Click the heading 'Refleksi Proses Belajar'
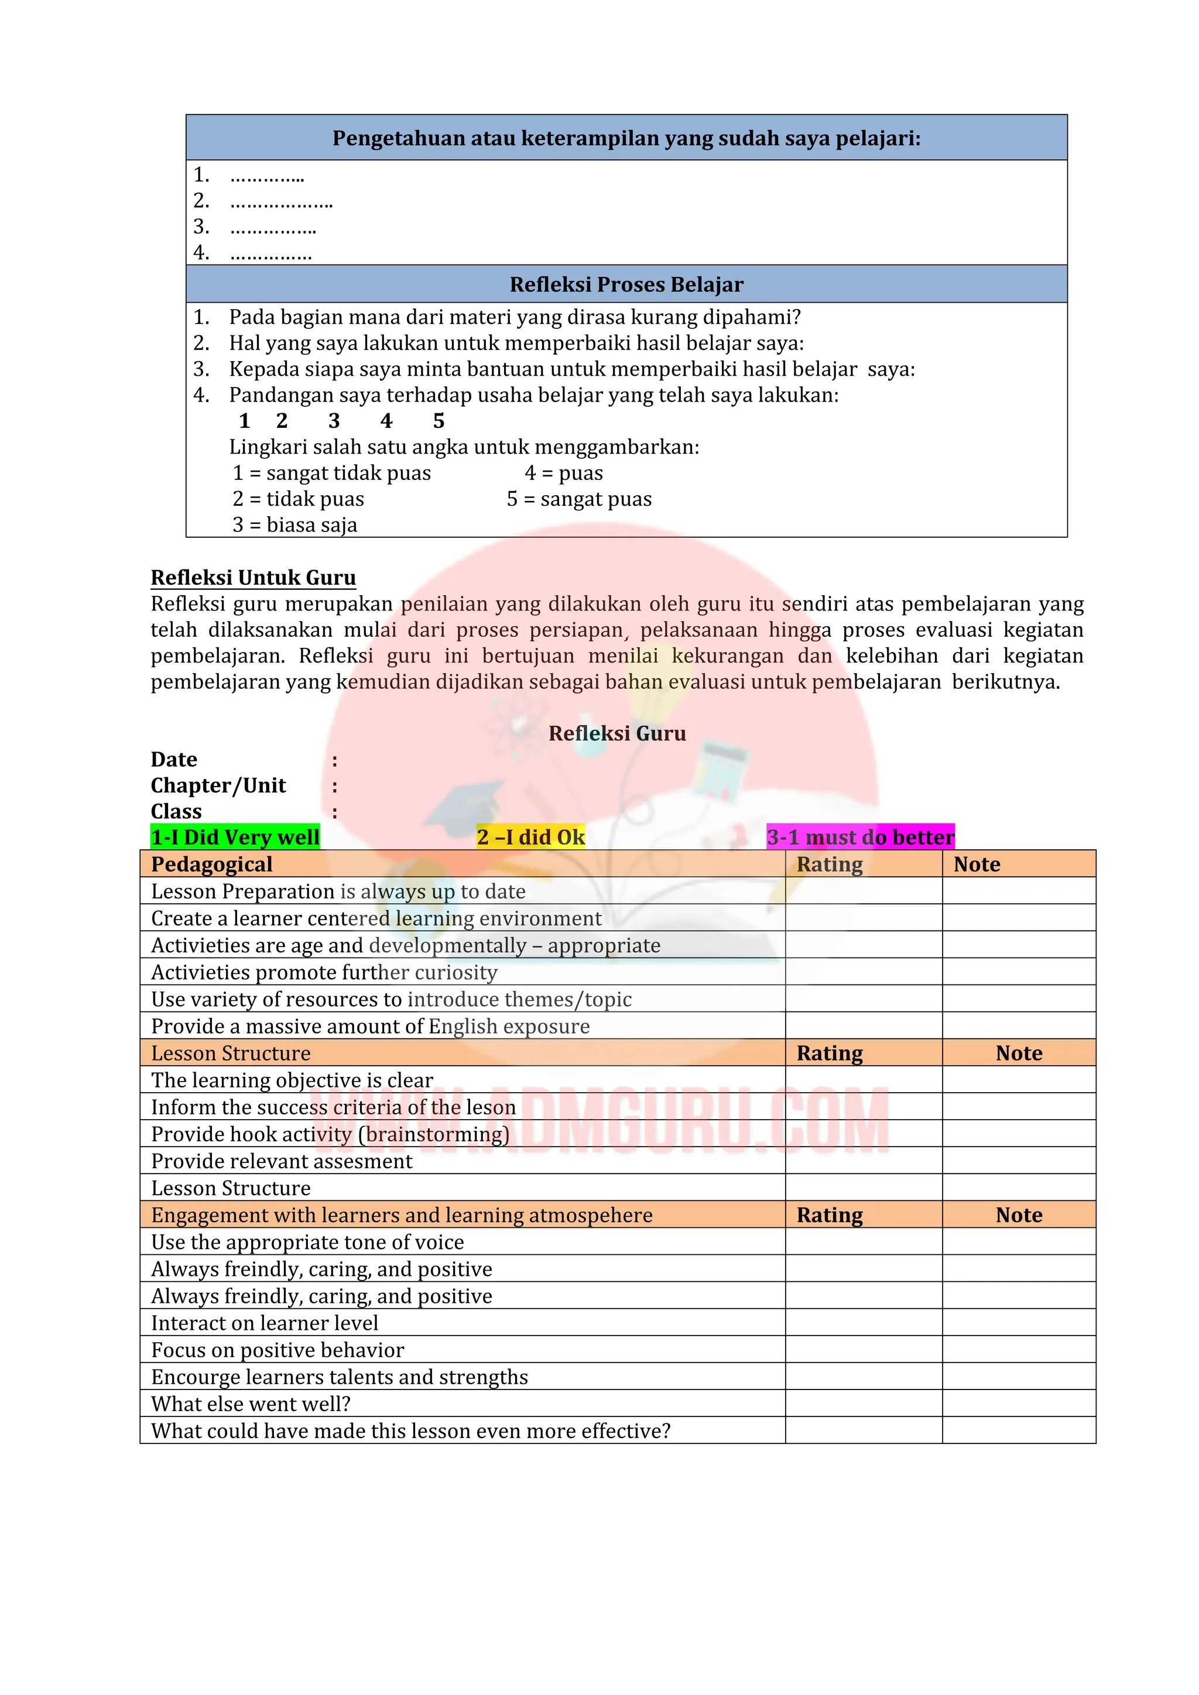(626, 284)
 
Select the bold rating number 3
(334, 421)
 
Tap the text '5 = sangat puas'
(579, 499)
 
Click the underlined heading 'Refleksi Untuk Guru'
(253, 577)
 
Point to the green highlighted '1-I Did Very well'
(235, 836)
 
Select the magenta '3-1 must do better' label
(860, 836)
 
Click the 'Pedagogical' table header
(212, 864)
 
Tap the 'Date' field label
(174, 760)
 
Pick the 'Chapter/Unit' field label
(218, 785)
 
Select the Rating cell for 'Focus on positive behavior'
(863, 1350)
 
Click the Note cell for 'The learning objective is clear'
(1018, 1080)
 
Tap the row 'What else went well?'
(251, 1404)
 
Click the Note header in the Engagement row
(1018, 1214)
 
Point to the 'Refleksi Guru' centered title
(617, 733)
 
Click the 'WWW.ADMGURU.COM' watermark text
(605, 1121)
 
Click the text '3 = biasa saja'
(294, 525)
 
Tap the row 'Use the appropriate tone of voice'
(307, 1242)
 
